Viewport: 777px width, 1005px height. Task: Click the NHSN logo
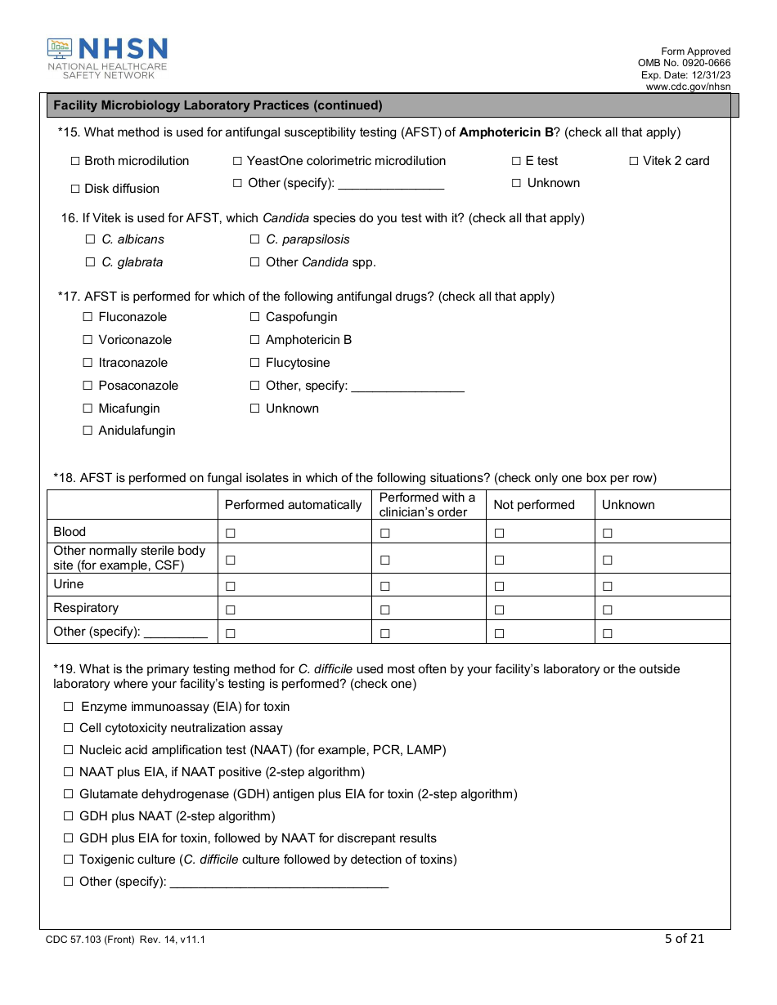tap(107, 58)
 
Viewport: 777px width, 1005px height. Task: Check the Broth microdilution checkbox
tap(75, 162)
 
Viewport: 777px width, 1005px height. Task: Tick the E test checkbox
tap(516, 162)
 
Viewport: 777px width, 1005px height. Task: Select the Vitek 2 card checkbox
tap(634, 162)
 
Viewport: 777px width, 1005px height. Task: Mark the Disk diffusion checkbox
tap(75, 189)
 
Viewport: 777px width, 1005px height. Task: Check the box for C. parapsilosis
tap(255, 240)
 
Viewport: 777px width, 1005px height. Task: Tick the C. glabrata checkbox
tap(90, 263)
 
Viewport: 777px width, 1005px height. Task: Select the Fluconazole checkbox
tap(88, 318)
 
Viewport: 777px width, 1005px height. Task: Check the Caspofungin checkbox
tap(255, 318)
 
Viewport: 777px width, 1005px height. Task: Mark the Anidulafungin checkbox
tap(88, 431)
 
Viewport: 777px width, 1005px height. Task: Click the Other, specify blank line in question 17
tap(406, 386)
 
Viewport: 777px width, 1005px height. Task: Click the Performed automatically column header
tap(293, 505)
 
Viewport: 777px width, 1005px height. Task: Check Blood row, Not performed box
tap(499, 534)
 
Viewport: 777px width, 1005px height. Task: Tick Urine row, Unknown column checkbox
tap(608, 587)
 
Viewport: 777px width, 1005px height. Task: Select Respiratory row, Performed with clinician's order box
tap(384, 610)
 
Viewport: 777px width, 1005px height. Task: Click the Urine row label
tap(69, 585)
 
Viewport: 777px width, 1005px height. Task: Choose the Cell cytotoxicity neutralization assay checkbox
tap(69, 729)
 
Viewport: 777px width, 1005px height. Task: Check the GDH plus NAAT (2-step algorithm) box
tap(69, 817)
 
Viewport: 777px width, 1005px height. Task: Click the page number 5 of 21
tap(684, 939)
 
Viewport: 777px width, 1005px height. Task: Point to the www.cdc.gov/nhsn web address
tap(688, 87)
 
